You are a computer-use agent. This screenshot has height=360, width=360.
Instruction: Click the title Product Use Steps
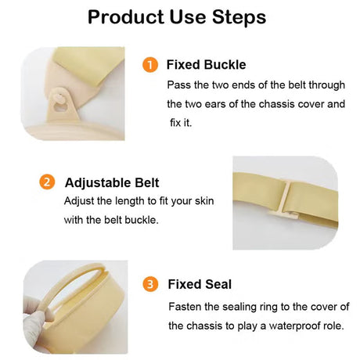pos(177,17)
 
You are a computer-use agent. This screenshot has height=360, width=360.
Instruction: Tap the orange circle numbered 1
pos(150,65)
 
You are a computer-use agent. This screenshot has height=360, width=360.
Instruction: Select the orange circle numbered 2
pos(47,182)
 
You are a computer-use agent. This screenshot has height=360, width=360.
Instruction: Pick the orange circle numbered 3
pos(150,284)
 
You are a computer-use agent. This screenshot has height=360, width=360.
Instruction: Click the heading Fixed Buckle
pos(206,65)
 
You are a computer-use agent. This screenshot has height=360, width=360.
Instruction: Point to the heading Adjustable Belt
pos(112,182)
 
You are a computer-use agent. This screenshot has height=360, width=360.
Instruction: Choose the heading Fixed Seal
pos(200,284)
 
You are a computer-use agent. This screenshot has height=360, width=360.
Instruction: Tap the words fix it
pos(181,123)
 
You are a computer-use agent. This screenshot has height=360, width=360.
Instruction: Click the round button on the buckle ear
pos(60,99)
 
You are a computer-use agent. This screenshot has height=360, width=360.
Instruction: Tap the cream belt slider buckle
pos(284,201)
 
